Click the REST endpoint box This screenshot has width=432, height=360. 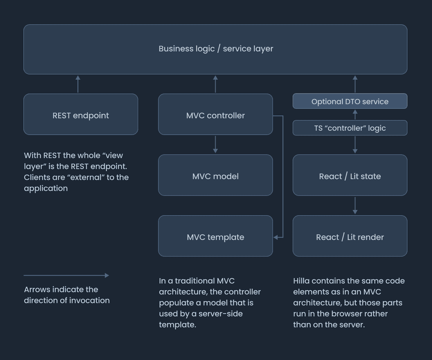(81, 114)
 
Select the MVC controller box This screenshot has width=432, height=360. (216, 114)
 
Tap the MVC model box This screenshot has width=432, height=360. (216, 175)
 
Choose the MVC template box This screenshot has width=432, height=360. (216, 236)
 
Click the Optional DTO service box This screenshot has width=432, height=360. (350, 101)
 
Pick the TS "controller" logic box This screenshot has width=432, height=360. (350, 128)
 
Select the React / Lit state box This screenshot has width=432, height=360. (350, 175)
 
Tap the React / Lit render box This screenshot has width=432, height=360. (350, 236)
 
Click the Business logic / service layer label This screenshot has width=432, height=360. (216, 49)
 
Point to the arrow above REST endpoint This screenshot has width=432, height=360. (78, 84)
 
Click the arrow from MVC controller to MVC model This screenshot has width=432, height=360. (216, 145)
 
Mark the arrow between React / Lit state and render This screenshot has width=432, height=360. (355, 206)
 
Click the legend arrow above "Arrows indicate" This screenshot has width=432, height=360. (67, 275)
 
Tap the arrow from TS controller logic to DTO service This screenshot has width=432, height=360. (355, 114)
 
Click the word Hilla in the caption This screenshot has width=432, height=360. (301, 281)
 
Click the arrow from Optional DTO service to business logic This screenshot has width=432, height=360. (355, 84)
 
